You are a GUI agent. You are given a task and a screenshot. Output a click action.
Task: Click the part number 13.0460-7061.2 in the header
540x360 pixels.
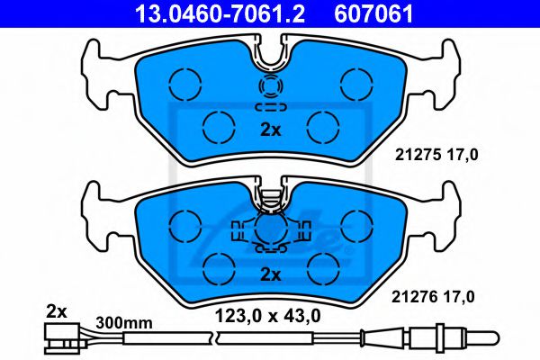pyautogui.click(x=220, y=14)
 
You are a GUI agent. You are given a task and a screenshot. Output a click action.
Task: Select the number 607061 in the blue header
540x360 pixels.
pyautogui.click(x=373, y=14)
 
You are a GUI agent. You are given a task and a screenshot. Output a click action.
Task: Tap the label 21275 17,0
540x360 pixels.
pyautogui.click(x=436, y=155)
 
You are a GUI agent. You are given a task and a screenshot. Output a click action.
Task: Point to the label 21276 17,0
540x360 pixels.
pyautogui.click(x=433, y=297)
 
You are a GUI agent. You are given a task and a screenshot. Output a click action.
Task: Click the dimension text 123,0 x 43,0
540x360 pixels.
pyautogui.click(x=268, y=316)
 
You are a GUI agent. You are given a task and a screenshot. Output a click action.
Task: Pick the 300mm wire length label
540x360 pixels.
pyautogui.click(x=124, y=323)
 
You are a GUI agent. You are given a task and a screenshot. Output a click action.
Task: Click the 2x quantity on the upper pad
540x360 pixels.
pyautogui.click(x=271, y=130)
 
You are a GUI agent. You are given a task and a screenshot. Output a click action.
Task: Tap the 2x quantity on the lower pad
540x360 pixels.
pyautogui.click(x=271, y=274)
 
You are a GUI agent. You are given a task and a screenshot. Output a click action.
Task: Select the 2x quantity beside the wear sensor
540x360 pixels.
pyautogui.click(x=57, y=312)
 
